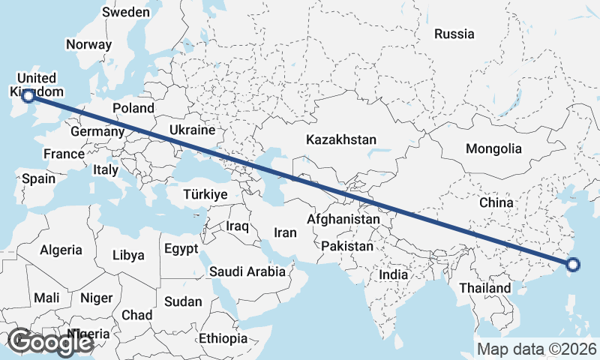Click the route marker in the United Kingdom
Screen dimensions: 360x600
(x=28, y=95)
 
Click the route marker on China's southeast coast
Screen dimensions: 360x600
(x=573, y=264)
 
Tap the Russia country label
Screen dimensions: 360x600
(x=454, y=34)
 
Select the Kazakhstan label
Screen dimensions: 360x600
(x=340, y=139)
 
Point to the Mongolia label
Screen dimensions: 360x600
(x=493, y=149)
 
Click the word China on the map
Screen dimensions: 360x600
(x=496, y=202)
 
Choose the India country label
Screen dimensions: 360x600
(x=393, y=274)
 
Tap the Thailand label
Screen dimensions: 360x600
(x=485, y=288)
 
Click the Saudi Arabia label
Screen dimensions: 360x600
(x=247, y=271)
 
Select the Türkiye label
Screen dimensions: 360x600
(x=205, y=194)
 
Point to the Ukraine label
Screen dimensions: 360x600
(x=192, y=130)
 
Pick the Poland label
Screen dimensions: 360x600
(x=133, y=108)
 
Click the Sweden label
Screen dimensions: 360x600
(x=126, y=12)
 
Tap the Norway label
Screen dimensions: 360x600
(x=88, y=44)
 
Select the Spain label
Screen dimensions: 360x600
(x=39, y=178)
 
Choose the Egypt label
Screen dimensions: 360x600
(x=181, y=248)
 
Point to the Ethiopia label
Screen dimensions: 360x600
(x=223, y=339)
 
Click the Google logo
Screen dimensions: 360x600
(x=50, y=342)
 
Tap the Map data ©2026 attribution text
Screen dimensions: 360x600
(x=537, y=349)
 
